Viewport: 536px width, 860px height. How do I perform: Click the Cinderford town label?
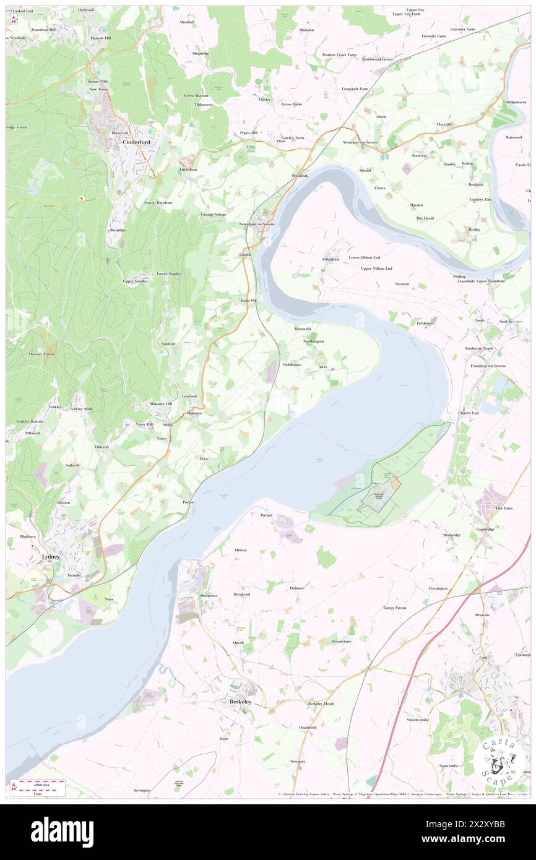(x=136, y=142)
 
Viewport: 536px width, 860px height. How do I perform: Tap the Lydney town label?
(x=50, y=556)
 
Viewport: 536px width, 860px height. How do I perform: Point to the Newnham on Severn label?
(x=257, y=223)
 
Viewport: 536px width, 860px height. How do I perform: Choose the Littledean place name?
(x=171, y=169)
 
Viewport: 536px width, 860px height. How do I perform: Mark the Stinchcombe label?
(x=418, y=720)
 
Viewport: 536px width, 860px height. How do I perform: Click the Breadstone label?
(x=342, y=641)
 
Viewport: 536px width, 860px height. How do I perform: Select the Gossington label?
(x=438, y=588)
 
